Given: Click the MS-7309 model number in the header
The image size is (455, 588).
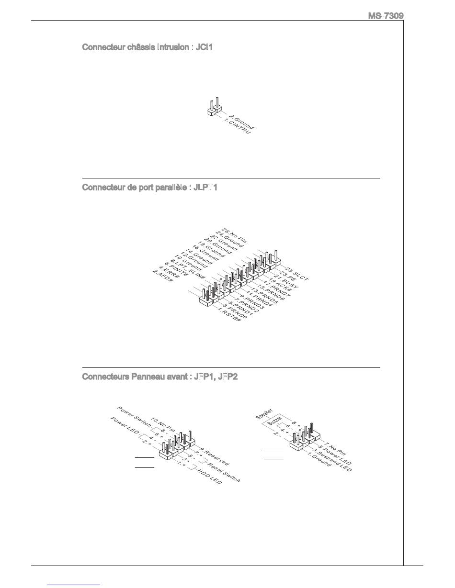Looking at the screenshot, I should tap(386, 16).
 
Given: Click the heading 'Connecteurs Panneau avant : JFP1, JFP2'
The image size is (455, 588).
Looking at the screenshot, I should tap(160, 377).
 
